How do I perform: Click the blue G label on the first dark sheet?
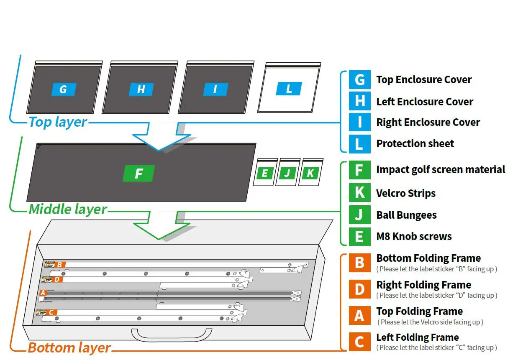point(64,89)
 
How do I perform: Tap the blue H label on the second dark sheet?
point(141,89)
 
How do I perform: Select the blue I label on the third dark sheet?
point(215,89)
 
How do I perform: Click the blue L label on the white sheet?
point(289,89)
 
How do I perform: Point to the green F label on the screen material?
point(138,174)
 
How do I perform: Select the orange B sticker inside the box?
point(60,265)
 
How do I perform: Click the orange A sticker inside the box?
point(42,293)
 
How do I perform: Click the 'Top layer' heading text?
point(58,122)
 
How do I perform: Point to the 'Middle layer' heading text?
point(68,209)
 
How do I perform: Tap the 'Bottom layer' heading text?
point(69,347)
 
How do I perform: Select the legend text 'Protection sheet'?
point(415,144)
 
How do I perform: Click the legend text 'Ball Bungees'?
point(406,215)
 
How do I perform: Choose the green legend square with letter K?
point(359,193)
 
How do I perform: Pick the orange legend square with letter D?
point(359,289)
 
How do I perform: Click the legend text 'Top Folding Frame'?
point(419,311)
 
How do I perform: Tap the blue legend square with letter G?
point(359,79)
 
